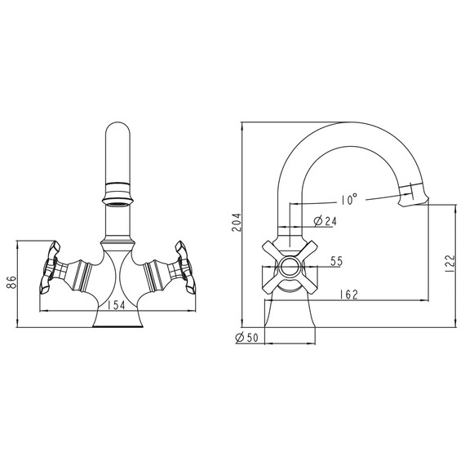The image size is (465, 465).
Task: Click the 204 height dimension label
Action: (237, 223)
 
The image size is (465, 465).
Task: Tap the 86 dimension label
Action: (11, 282)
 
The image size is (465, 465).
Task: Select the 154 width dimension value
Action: (116, 305)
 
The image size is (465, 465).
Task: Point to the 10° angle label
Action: (349, 199)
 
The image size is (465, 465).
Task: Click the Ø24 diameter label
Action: (325, 221)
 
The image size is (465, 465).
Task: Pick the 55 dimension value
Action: (337, 261)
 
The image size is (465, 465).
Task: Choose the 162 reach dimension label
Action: (349, 294)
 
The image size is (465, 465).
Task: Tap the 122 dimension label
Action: (449, 263)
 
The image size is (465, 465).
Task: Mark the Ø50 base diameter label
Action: (247, 338)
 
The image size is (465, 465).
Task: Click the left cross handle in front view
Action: (50, 268)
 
